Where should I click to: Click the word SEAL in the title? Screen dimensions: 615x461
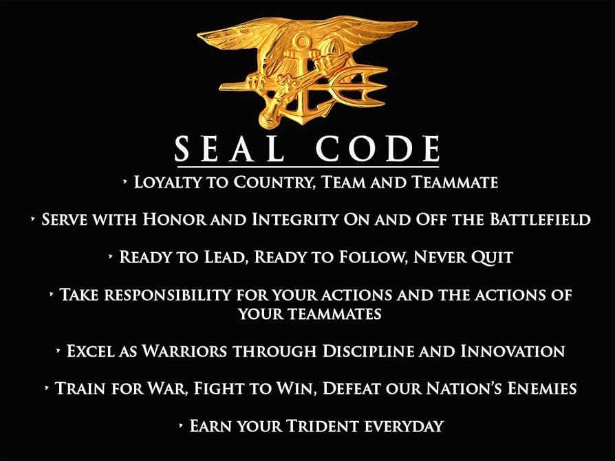click(230, 149)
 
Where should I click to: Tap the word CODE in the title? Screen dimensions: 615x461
click(378, 149)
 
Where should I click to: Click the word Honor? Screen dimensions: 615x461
click(175, 219)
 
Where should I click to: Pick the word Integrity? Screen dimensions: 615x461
click(294, 219)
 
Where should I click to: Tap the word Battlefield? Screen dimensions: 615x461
click(540, 219)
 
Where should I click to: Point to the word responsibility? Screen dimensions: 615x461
click(167, 295)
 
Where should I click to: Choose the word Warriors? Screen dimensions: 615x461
click(185, 351)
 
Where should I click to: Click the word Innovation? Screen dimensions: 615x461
click(512, 351)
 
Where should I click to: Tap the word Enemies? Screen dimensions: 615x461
click(542, 389)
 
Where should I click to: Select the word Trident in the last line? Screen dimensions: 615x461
click(323, 426)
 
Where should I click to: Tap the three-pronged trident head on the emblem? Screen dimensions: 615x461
click(362, 85)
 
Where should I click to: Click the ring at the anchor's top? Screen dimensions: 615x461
click(302, 41)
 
